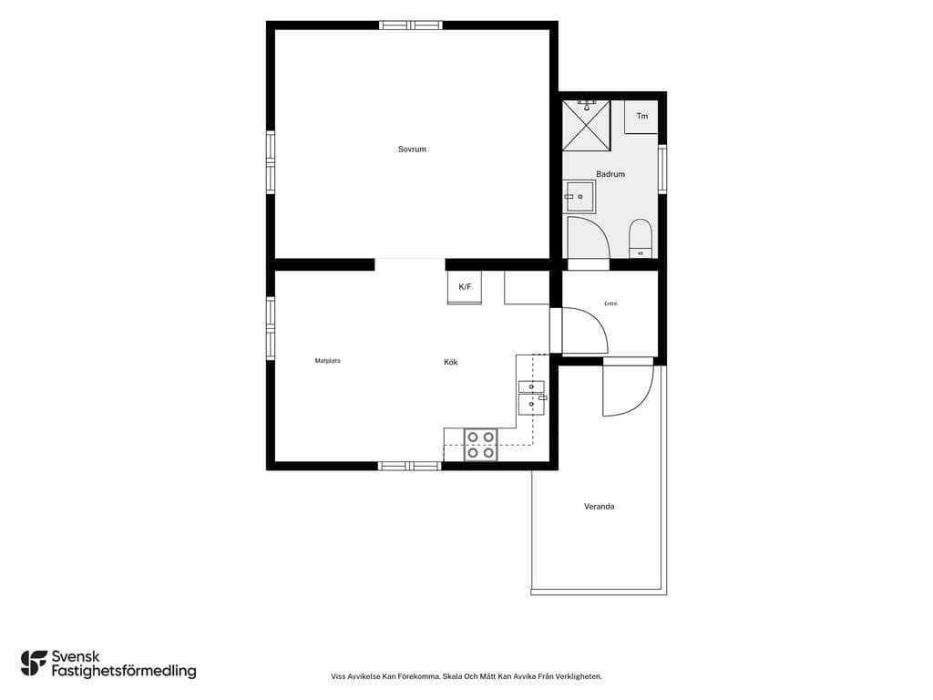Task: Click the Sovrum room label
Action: [x=412, y=149]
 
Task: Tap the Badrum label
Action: [x=610, y=174]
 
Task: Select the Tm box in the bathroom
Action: [x=641, y=117]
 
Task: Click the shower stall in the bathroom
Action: [x=587, y=125]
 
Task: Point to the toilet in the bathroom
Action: [x=641, y=238]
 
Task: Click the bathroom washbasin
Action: [x=579, y=197]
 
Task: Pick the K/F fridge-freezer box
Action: [x=465, y=287]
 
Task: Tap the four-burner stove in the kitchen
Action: [x=480, y=445]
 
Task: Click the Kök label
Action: [x=450, y=362]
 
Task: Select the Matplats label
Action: [x=327, y=361]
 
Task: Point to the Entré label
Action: [x=610, y=304]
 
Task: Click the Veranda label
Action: [x=599, y=507]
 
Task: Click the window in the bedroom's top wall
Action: [x=411, y=25]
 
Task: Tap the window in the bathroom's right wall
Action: [x=662, y=169]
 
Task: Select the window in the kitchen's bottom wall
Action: [x=410, y=466]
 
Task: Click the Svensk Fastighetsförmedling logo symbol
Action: [x=34, y=664]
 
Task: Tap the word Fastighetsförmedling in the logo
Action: [x=124, y=672]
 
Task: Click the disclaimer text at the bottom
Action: [x=466, y=676]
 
